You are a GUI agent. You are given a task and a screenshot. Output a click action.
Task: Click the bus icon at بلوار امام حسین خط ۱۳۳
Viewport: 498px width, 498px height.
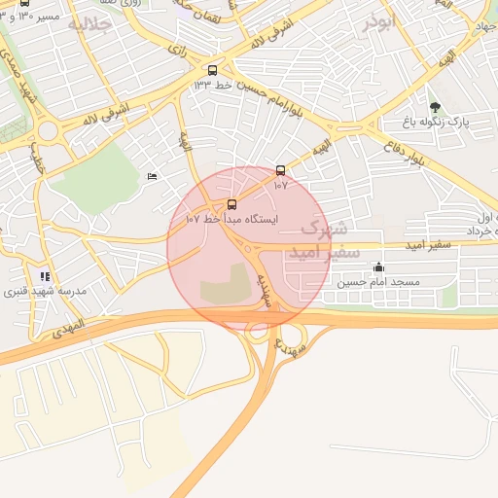tap(213, 70)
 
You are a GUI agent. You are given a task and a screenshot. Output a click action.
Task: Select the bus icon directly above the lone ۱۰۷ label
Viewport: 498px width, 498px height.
tap(281, 170)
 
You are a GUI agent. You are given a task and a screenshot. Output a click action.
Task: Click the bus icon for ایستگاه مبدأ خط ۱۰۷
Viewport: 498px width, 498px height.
tap(231, 204)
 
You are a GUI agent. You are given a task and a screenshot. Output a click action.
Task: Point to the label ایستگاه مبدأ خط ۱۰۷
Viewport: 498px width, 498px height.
tap(231, 220)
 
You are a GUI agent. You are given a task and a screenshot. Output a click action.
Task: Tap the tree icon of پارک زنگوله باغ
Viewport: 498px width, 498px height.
tap(434, 107)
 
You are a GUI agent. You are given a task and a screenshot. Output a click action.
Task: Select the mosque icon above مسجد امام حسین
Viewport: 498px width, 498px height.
tap(378, 267)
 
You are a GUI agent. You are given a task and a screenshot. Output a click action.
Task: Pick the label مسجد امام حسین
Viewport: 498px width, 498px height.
tap(378, 282)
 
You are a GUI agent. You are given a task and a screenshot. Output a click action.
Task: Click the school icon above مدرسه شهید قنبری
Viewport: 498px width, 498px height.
tap(45, 276)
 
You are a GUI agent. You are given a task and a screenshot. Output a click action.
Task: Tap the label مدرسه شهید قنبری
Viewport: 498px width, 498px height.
tap(45, 292)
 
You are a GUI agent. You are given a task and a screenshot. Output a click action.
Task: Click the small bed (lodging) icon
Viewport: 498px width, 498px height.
tap(151, 176)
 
